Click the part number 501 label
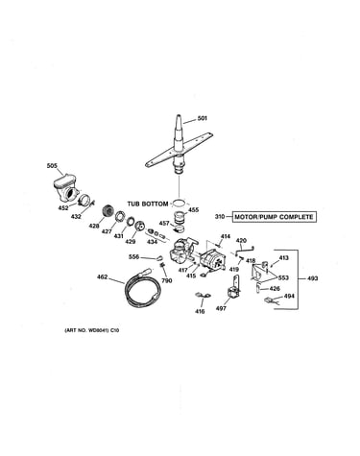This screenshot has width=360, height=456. [x=202, y=118]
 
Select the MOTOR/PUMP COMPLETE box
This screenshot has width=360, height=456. [x=274, y=217]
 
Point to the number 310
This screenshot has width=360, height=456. [x=220, y=217]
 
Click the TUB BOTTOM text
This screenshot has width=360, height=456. [x=148, y=204]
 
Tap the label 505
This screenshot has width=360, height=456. [x=52, y=166]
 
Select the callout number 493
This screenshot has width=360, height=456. [x=313, y=278]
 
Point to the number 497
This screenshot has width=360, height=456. [x=221, y=308]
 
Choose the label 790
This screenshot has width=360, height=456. [x=167, y=280]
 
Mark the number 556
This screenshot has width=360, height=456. [x=133, y=256]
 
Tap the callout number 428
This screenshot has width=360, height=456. [x=94, y=227]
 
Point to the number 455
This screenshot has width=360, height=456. [x=193, y=210]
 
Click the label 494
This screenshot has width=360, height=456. [x=289, y=297]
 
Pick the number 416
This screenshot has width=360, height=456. [x=200, y=311]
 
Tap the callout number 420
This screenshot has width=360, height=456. [x=241, y=241]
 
